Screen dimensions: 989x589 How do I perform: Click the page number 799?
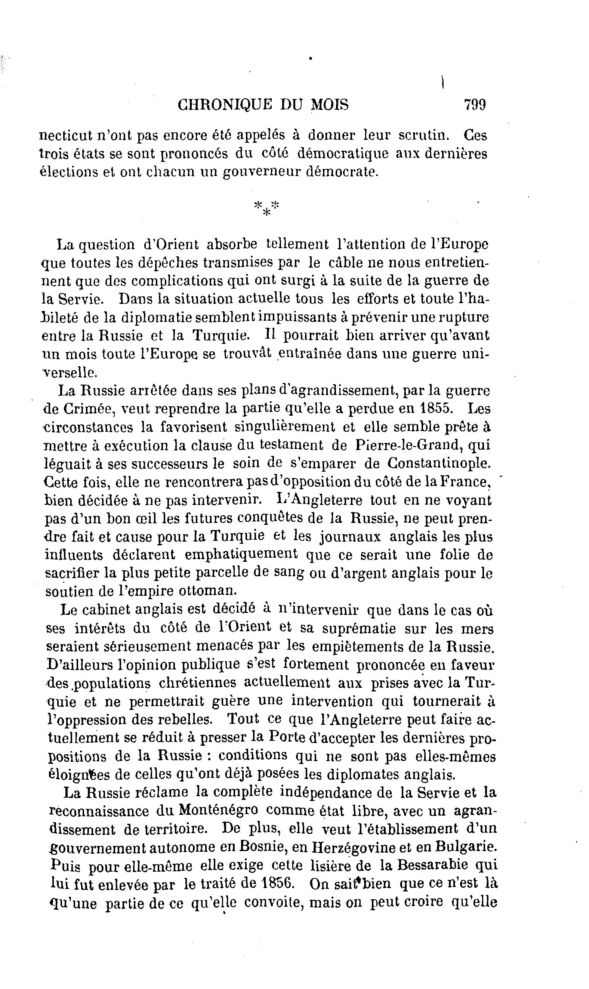click(475, 105)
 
